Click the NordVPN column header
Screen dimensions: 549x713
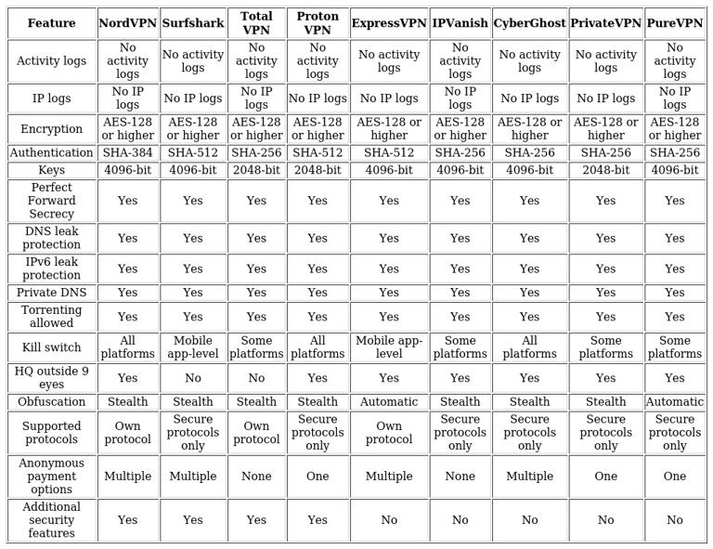(127, 23)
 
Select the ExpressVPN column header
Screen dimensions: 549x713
(388, 23)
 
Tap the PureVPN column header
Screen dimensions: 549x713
(674, 23)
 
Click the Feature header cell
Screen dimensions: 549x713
(52, 23)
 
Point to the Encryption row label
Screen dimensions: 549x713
(52, 129)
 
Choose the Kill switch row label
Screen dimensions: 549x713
(52, 347)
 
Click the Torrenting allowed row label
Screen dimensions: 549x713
(52, 317)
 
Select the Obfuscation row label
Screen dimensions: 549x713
(52, 402)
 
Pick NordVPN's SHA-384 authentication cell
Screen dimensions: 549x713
(127, 153)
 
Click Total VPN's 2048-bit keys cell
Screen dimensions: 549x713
(256, 170)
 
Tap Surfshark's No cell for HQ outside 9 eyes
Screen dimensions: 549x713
(192, 378)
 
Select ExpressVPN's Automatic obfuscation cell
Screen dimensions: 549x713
(388, 402)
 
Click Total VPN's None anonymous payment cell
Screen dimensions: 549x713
(256, 477)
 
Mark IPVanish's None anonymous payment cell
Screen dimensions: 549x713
(460, 477)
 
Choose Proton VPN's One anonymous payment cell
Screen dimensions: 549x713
(318, 477)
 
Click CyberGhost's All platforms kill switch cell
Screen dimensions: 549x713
(529, 347)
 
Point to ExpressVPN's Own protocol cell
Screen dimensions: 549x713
(388, 433)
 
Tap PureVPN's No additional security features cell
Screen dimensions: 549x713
(674, 520)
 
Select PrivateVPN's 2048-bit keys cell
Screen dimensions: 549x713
(605, 170)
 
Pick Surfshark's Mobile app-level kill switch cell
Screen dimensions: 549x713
(192, 347)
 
